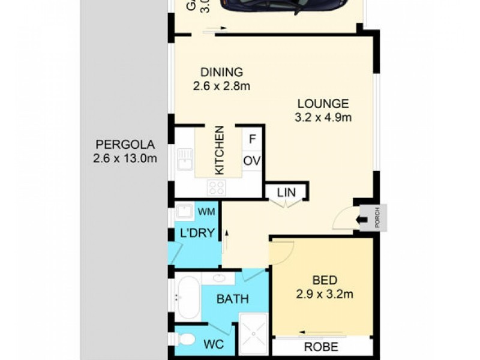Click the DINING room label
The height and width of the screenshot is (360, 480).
point(221,72)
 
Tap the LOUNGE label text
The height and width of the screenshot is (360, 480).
point(323,103)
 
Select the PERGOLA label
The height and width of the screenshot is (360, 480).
point(125,145)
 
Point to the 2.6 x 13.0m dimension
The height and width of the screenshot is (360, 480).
point(125,158)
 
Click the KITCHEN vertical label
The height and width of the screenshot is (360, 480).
point(220,150)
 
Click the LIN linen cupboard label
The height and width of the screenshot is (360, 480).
point(286,193)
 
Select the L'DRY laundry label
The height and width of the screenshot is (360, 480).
point(198,233)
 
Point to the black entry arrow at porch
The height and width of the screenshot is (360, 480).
point(364,220)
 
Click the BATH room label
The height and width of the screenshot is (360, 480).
point(232,298)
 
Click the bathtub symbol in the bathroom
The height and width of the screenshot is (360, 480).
point(188,297)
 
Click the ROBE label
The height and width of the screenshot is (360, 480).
point(322,346)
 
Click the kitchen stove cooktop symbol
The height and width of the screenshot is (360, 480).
point(216,187)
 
